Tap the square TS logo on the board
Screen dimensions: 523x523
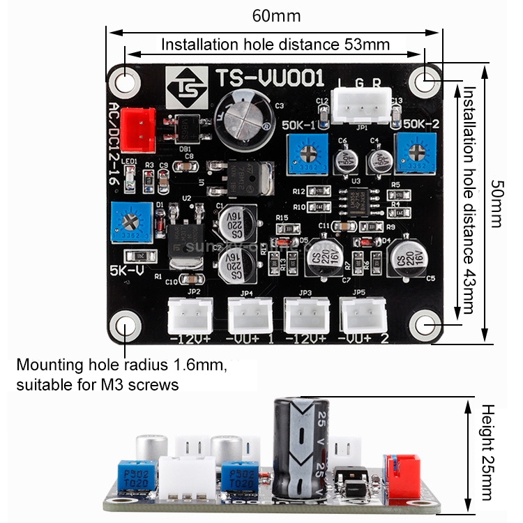185,86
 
